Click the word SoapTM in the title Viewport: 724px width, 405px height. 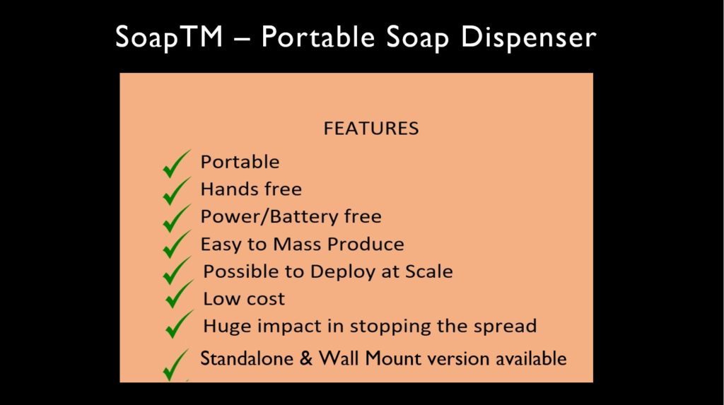tap(169, 37)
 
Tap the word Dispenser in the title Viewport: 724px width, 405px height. tap(529, 37)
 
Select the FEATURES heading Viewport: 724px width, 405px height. tap(371, 129)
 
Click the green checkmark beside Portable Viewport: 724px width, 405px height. tap(176, 164)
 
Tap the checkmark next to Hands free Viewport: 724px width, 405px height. tap(176, 191)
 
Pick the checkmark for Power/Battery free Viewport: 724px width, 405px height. tap(176, 218)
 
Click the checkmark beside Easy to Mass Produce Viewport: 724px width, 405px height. tap(176, 245)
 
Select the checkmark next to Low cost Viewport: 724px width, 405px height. tap(179, 294)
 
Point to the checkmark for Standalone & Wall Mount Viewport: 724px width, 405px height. tap(176, 365)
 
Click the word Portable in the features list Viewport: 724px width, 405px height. tap(240, 162)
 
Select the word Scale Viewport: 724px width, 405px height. tap(429, 271)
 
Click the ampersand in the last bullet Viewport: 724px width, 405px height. tap(305, 359)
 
